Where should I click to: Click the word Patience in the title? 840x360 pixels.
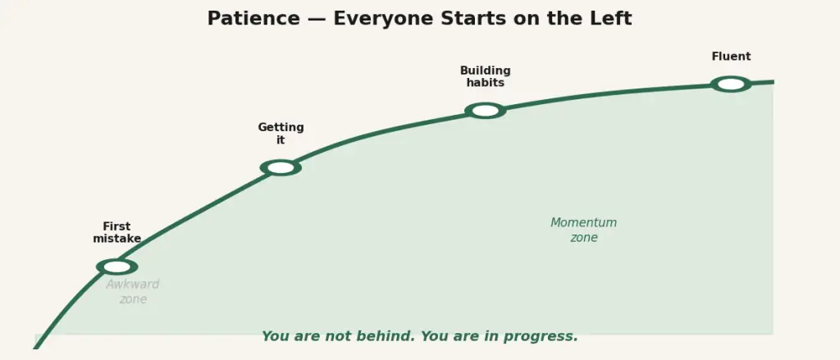[253, 19]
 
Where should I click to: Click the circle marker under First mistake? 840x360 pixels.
[116, 267]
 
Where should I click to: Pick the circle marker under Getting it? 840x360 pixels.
[281, 167]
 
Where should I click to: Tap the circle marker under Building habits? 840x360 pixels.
[486, 111]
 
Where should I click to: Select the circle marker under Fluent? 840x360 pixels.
[731, 84]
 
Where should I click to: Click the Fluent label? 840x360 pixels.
[731, 57]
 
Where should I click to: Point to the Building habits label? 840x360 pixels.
[486, 76]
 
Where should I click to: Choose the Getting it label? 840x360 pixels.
[281, 134]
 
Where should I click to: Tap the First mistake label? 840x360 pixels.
[116, 233]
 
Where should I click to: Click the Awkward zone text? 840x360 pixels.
[133, 291]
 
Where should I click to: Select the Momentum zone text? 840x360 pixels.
[584, 230]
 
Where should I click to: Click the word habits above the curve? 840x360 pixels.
[486, 83]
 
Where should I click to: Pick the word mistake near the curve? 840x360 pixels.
[116, 239]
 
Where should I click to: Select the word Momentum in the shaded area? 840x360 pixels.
[584, 223]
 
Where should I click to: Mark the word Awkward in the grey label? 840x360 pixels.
[133, 285]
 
